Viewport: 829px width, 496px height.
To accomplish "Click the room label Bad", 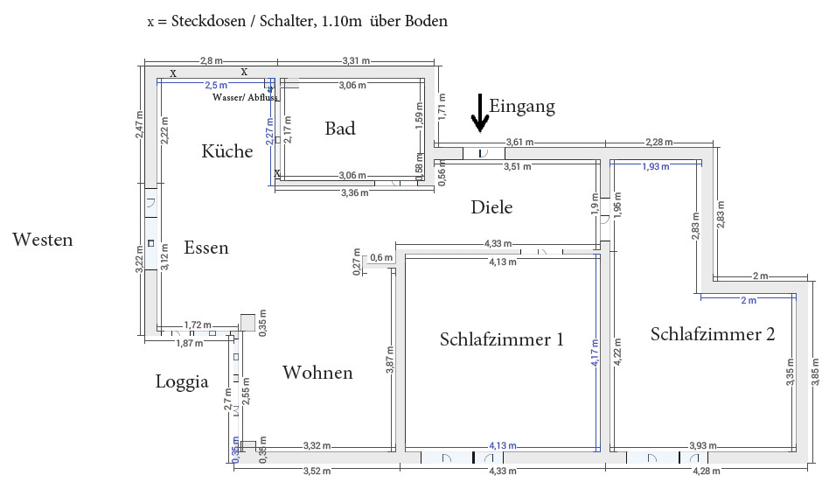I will point(340,129).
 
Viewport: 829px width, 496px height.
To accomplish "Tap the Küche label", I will point(226,151).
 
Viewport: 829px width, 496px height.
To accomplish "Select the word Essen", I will point(206,248).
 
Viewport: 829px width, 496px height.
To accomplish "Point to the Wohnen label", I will point(317,373).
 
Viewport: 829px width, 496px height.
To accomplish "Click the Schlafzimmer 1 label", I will point(502,339).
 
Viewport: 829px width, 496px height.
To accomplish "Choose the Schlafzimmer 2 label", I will point(713,333).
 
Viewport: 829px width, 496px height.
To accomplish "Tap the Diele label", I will point(491,207).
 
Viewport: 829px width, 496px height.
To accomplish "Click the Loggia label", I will point(182,381).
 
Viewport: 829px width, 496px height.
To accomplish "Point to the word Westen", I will point(43,239).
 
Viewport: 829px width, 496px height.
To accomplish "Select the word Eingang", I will point(522,107).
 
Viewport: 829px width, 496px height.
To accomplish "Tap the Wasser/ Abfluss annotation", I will point(245,97).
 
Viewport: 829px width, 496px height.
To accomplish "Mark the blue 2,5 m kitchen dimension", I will point(215,86).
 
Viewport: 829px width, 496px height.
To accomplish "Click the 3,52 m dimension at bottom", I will point(317,472).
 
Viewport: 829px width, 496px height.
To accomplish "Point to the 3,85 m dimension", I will point(818,374).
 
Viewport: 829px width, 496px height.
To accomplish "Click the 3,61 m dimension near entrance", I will point(520,142).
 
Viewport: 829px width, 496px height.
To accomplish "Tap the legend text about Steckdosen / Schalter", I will point(297,21).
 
